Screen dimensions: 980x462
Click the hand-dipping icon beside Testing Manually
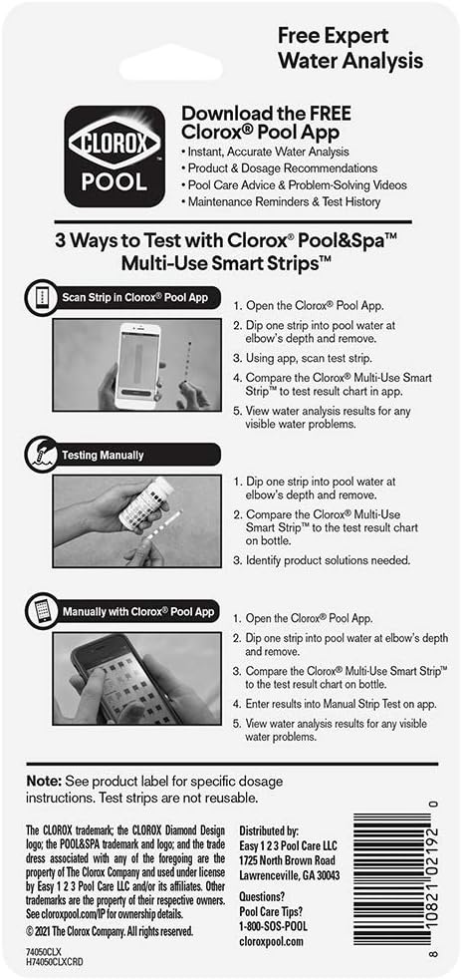pyautogui.click(x=37, y=454)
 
